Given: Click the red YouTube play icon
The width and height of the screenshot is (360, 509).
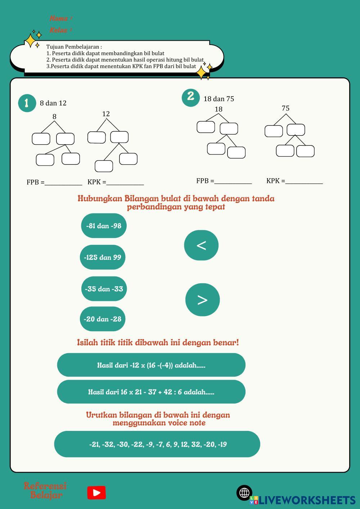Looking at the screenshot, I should [x=96, y=492].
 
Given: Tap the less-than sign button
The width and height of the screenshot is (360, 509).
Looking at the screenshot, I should [x=201, y=245].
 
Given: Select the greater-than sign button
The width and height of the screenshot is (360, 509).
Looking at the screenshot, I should [x=202, y=299].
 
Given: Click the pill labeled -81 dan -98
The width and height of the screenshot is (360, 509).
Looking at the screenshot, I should [x=104, y=226].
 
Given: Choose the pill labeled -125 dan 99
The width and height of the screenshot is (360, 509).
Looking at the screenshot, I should [x=103, y=257].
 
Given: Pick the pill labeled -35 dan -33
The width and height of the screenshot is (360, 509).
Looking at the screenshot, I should [x=104, y=289].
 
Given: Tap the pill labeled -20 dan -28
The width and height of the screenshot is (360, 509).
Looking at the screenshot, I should [x=103, y=319].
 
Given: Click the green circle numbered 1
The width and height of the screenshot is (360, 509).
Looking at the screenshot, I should [x=27, y=103].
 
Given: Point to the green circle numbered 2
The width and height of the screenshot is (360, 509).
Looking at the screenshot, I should [x=190, y=96].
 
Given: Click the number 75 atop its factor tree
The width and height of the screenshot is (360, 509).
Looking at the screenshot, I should [x=285, y=108].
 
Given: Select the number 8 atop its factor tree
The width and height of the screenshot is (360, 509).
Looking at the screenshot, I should [x=54, y=116].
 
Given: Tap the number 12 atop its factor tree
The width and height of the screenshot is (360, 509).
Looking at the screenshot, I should [x=106, y=114].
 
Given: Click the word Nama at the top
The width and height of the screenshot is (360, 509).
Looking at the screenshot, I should [x=59, y=18].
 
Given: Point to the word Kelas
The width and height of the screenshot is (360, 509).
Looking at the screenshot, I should [x=59, y=30].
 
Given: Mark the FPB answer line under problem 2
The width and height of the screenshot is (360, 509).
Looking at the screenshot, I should [x=233, y=183].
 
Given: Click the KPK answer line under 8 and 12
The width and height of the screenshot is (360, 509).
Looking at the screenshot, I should [x=125, y=184].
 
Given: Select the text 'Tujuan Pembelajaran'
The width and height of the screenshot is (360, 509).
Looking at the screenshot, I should [x=74, y=47].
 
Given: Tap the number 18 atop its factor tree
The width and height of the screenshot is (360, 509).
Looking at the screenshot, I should [x=219, y=109].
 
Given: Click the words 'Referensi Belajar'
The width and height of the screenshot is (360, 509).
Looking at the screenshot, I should [x=45, y=490].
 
